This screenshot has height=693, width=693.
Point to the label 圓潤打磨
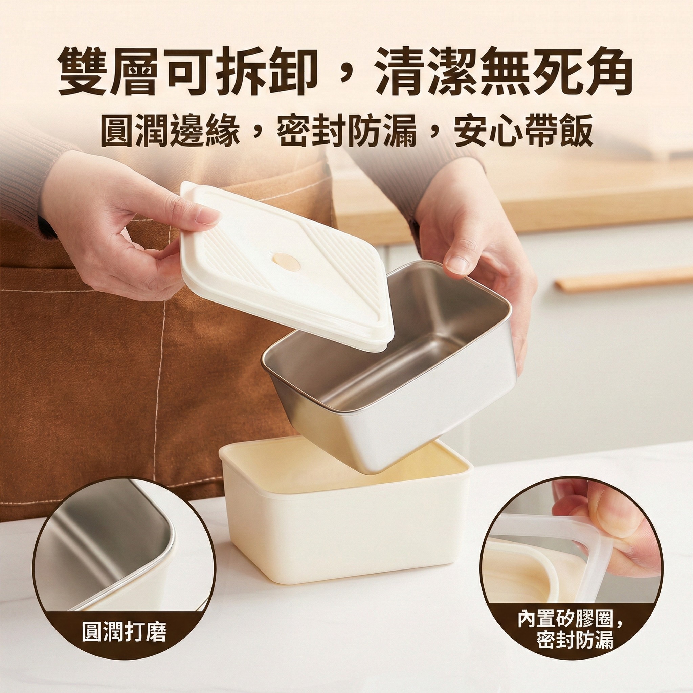124,633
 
